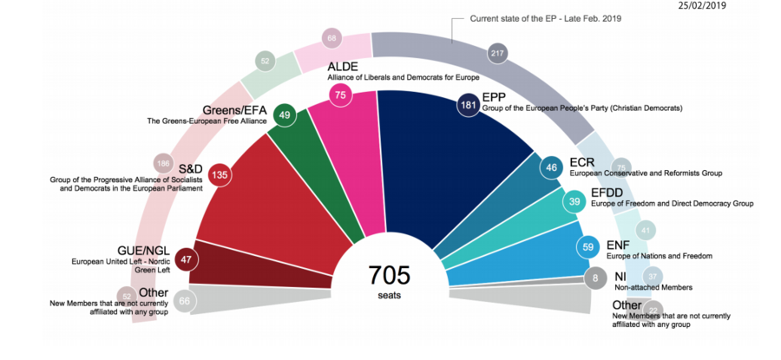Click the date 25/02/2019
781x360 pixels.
[x=703, y=5]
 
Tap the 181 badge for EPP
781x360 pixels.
[x=468, y=105]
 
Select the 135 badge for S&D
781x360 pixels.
[x=220, y=173]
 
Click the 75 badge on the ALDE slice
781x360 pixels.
[x=341, y=95]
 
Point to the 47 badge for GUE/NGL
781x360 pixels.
[x=185, y=258]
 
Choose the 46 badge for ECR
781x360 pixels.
[x=551, y=168]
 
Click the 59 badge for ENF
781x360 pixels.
[x=588, y=246]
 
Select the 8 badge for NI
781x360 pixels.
[x=594, y=279]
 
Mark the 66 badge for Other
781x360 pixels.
[x=184, y=301]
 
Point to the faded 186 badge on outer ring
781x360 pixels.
[x=162, y=163]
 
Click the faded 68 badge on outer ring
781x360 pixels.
[x=331, y=37]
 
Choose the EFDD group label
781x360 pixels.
[x=587, y=193]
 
